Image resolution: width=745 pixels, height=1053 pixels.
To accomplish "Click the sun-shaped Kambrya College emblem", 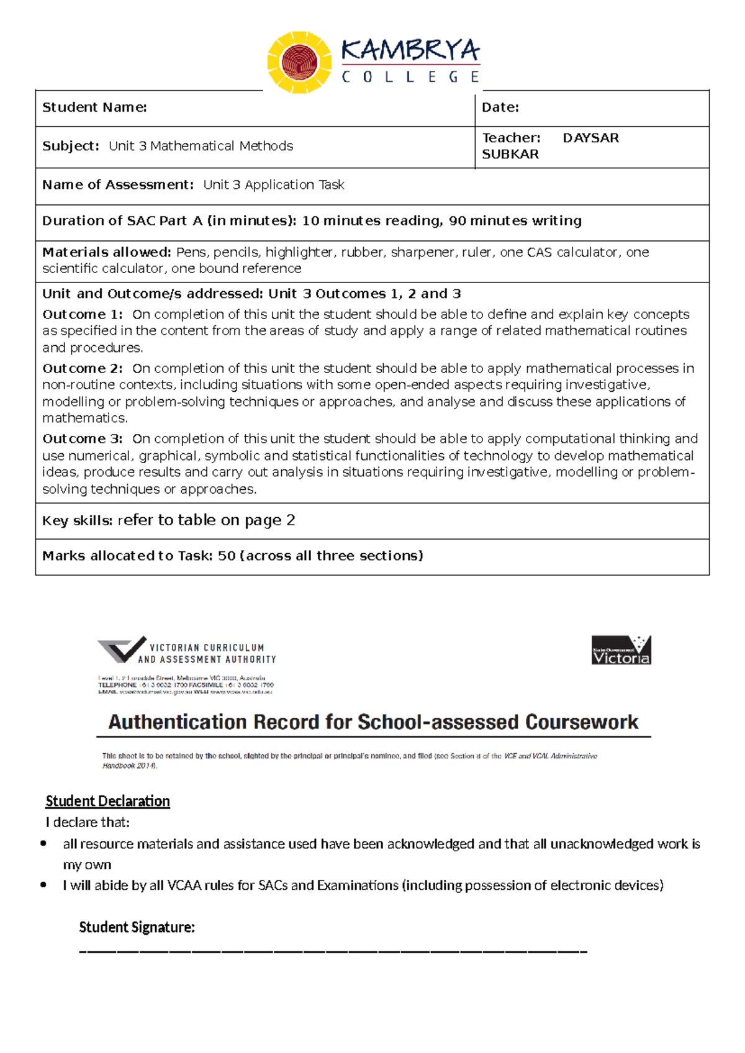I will [x=300, y=63].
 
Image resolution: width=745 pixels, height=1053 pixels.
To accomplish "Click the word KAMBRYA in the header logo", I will [x=410, y=50].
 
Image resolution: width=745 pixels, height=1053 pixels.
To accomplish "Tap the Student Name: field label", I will [x=94, y=107].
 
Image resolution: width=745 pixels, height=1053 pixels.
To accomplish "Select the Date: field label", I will [x=500, y=107].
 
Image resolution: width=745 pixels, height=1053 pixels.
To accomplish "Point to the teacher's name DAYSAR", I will [x=590, y=138].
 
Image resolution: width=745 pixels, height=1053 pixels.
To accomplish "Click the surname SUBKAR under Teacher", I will [x=510, y=154].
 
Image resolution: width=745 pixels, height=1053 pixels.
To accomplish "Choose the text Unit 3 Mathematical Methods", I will [x=201, y=146].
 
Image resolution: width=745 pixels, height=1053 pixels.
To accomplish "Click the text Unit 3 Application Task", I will [x=274, y=185].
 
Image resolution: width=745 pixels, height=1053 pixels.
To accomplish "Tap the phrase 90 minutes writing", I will [x=515, y=221].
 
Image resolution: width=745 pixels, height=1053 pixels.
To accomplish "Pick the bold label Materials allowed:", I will [x=106, y=252].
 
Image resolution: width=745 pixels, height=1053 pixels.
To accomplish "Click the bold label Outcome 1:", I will [x=83, y=314].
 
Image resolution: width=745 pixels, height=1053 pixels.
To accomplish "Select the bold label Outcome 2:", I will [x=83, y=368].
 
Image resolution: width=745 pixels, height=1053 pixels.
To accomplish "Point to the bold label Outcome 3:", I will [x=83, y=439].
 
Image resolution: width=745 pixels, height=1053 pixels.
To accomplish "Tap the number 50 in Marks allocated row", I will [x=227, y=556].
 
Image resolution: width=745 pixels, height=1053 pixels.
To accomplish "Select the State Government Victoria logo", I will [x=621, y=650].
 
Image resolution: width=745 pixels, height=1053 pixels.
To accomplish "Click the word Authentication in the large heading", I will [x=179, y=722].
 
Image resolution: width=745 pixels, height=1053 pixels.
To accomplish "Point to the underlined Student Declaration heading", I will [x=107, y=801].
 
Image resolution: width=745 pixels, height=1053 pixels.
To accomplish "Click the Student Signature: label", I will [x=137, y=927].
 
